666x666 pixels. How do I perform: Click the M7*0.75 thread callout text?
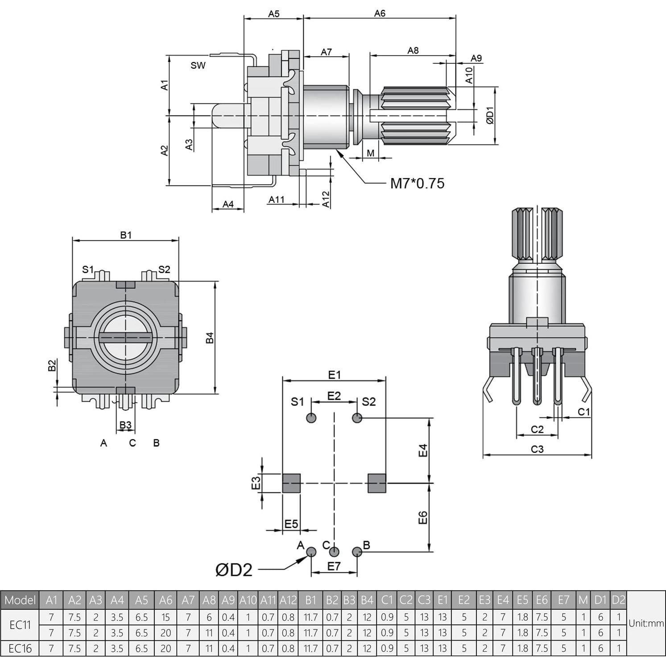point(417,183)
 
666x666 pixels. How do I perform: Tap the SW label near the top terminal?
point(198,66)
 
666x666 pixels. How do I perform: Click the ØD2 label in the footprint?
point(234,570)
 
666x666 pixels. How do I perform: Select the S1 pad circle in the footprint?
point(311,418)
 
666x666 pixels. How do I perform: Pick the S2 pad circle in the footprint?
point(357,418)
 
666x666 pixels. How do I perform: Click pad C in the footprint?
point(334,552)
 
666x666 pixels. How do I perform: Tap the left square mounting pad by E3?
point(291,483)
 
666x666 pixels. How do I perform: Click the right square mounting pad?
point(377,483)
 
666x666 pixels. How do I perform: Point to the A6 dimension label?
point(380,13)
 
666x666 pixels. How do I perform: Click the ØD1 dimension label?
point(490,116)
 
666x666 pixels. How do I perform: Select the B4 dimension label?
point(210,338)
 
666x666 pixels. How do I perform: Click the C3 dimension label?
point(537,449)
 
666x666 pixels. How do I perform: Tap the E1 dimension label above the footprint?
point(334,375)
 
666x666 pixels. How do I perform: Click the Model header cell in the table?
point(20,600)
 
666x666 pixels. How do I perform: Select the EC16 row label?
point(20,648)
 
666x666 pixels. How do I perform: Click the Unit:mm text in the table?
point(646,623)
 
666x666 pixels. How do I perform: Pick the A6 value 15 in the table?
point(165,617)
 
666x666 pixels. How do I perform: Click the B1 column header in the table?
point(310,600)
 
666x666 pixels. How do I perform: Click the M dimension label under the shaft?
point(371,153)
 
